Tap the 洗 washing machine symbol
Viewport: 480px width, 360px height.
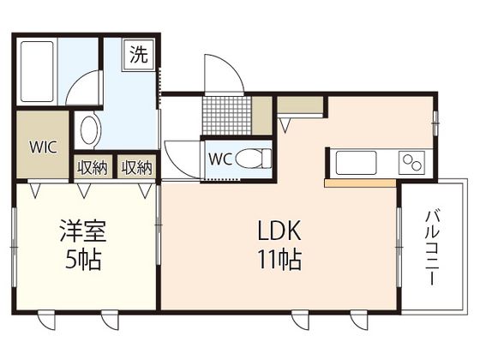coord(137,56)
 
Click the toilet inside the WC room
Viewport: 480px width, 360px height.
coord(253,159)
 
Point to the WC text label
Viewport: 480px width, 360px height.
coord(219,159)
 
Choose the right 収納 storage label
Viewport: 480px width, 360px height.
coord(136,167)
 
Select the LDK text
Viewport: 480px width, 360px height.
coord(277,231)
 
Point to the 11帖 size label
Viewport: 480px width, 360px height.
coord(277,258)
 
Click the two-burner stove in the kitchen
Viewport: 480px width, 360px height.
coord(412,162)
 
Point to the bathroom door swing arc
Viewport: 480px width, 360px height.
coord(86,90)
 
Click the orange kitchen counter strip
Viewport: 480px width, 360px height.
coord(360,183)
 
